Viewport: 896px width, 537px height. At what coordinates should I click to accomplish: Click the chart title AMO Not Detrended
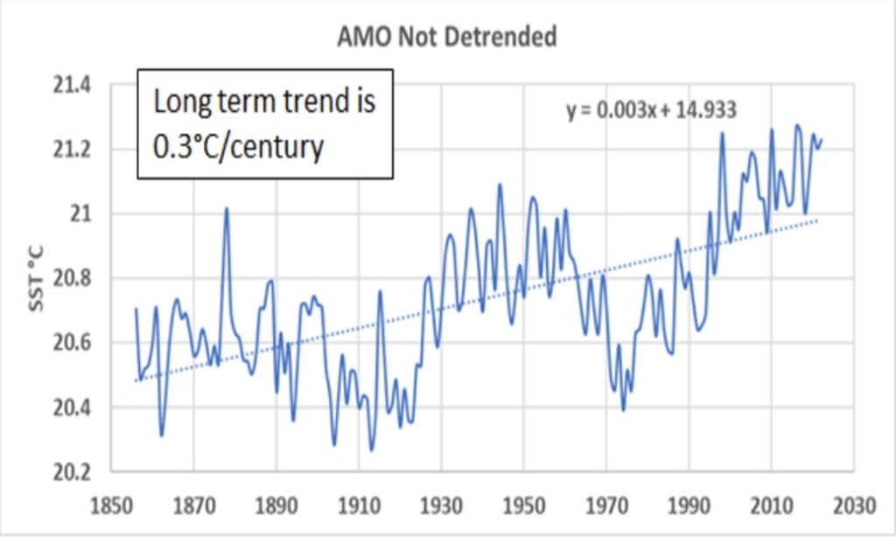click(447, 38)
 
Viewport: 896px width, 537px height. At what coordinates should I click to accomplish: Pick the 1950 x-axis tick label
click(523, 506)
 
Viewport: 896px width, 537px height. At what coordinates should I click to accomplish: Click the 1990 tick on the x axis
click(689, 506)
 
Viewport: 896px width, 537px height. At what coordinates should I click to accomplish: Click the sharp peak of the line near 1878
click(226, 208)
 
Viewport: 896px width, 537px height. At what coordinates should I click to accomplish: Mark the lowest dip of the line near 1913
click(371, 450)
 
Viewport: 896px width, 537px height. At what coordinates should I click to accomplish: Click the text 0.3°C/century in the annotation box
click(239, 146)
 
